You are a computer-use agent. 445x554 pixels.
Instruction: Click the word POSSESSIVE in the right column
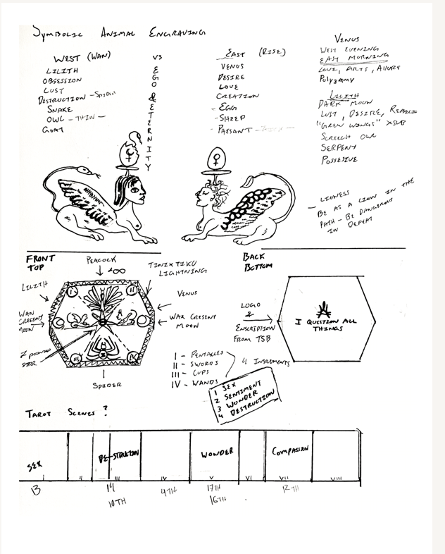[x=341, y=160]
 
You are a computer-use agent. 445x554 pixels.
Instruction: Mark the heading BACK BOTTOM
[x=255, y=263]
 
